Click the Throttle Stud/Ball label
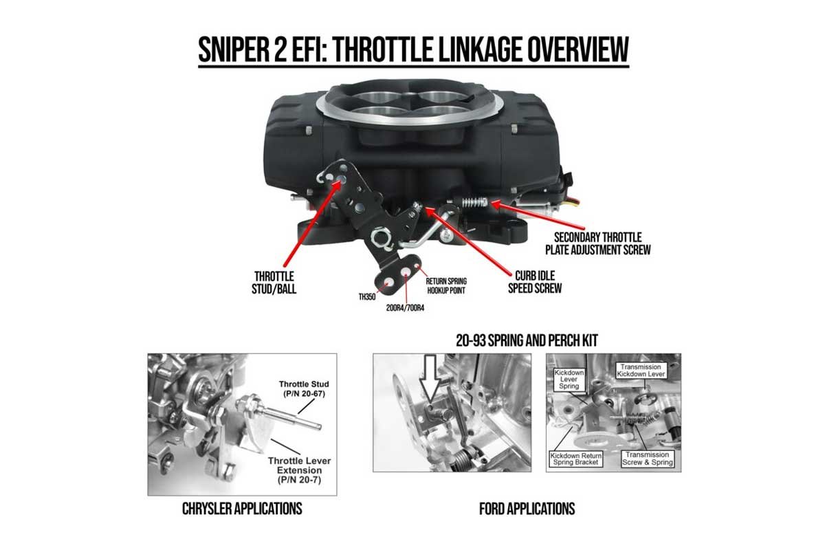pos(274,283)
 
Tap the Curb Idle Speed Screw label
pos(535,282)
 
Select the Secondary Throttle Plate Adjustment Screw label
pos(597,243)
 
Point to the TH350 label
pos(367,297)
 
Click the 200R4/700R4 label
pos(405,308)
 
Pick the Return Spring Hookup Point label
pos(446,286)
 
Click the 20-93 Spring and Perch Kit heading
pos(527,340)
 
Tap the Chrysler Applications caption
pos(242,509)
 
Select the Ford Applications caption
pos(527,509)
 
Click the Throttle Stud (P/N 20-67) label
pos(304,388)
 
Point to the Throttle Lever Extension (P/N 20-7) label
pos(300,470)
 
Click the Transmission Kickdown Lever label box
pos(641,371)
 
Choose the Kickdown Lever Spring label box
pos(569,379)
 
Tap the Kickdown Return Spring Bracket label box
pos(575,459)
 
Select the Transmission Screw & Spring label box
pos(648,459)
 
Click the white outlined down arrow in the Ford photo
pos(430,378)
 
